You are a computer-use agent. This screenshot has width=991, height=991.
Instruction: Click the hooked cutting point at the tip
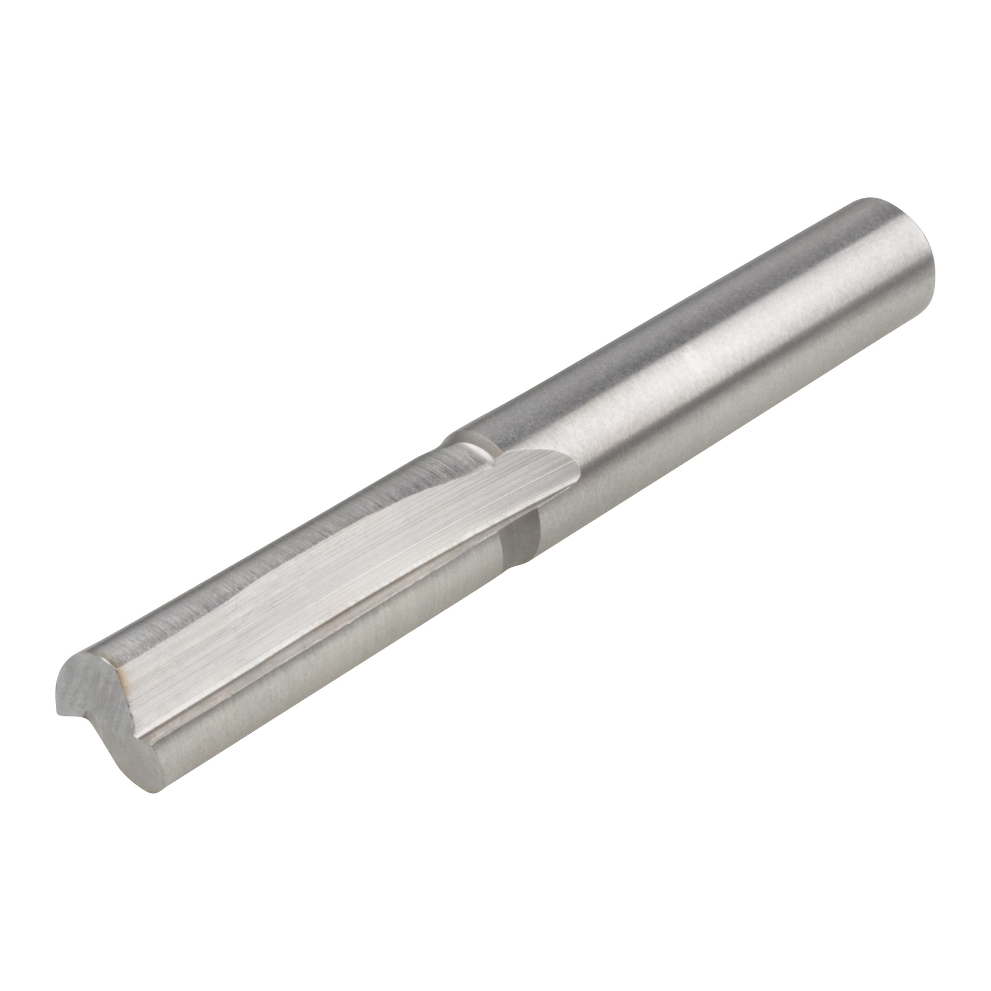point(57,714)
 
